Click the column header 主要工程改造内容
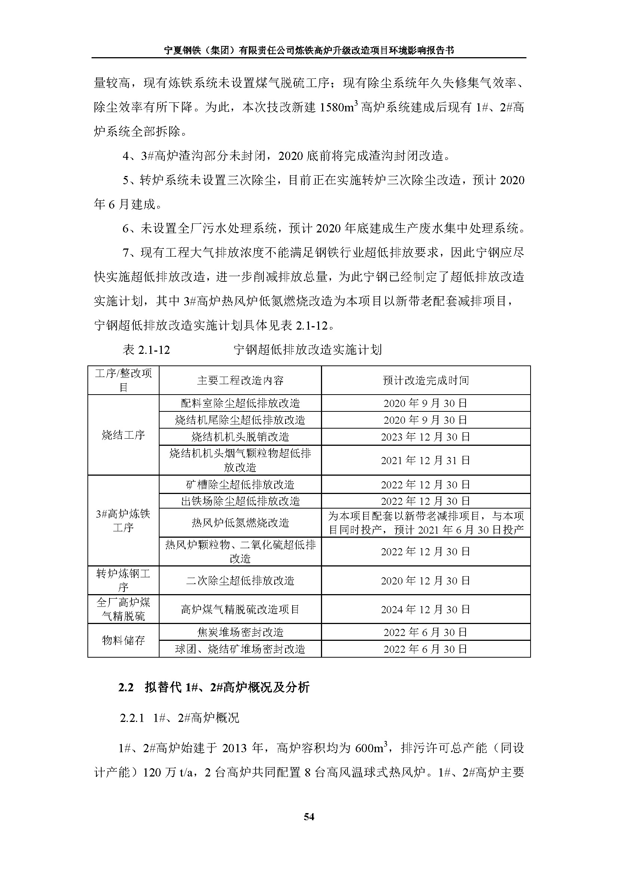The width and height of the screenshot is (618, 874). [x=240, y=380]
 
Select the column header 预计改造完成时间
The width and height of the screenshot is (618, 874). [x=426, y=380]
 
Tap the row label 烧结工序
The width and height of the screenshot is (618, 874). [x=123, y=435]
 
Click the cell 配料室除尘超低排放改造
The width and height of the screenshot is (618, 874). [x=240, y=403]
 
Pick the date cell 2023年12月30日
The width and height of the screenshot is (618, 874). [x=426, y=436]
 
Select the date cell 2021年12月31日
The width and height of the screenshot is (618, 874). [x=426, y=460]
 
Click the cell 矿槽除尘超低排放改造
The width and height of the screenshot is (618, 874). [x=240, y=485]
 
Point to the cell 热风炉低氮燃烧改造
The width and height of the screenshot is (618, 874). [x=240, y=523]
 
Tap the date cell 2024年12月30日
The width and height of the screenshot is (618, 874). [x=426, y=609]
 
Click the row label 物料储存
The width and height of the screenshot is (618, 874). [x=123, y=640]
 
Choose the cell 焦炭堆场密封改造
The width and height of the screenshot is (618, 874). [x=240, y=632]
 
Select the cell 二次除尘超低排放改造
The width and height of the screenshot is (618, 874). [x=240, y=581]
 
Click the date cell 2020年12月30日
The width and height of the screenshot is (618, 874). [x=426, y=581]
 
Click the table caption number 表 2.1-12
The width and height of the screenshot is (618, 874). [x=146, y=349]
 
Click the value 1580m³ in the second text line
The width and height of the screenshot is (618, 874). [x=339, y=107]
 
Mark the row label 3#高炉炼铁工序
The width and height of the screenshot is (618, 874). [x=123, y=521]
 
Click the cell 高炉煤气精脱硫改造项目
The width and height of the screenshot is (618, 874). [x=240, y=609]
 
